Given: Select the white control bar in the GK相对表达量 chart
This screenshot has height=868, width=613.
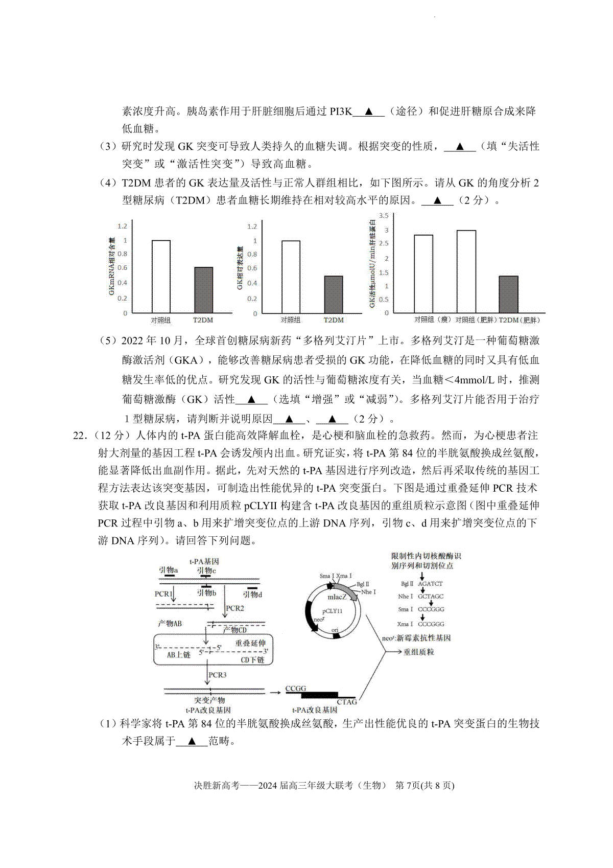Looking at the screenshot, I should pyautogui.click(x=291, y=277).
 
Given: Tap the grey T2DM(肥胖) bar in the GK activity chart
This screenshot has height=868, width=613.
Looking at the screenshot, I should pyautogui.click(x=508, y=294).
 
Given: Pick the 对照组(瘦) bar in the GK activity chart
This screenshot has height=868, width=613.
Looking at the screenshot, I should pyautogui.click(x=423, y=274).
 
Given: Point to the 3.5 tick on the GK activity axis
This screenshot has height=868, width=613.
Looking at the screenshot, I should pyautogui.click(x=383, y=215).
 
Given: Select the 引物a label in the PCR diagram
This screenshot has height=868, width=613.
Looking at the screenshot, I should pyautogui.click(x=168, y=569).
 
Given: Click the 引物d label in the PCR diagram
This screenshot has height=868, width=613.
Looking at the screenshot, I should pyautogui.click(x=252, y=595).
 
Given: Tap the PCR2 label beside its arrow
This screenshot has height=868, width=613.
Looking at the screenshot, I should pyautogui.click(x=235, y=608).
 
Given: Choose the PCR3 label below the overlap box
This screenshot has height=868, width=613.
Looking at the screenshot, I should pyautogui.click(x=217, y=675).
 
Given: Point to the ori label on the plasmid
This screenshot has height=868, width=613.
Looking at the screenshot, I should pyautogui.click(x=335, y=630).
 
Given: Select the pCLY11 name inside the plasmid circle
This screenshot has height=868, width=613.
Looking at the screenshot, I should pyautogui.click(x=332, y=611).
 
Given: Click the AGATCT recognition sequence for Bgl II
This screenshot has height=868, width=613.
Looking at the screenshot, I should pyautogui.click(x=430, y=583).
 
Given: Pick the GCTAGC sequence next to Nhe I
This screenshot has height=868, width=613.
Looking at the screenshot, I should pyautogui.click(x=431, y=596).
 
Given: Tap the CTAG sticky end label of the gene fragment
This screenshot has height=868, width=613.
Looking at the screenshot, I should pyautogui.click(x=347, y=702).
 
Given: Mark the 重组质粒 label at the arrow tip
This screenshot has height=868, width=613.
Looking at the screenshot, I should pyautogui.click(x=418, y=652).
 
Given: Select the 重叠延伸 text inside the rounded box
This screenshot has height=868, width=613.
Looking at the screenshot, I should pyautogui.click(x=250, y=643).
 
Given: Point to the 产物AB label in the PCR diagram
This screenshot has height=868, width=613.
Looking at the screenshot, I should pyautogui.click(x=170, y=623).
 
